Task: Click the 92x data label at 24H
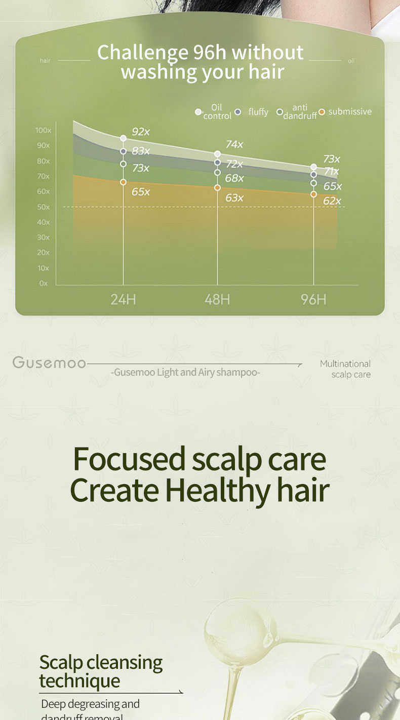141,132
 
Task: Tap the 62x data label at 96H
332,201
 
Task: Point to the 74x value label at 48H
234,145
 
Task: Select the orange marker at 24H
123,182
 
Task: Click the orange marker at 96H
313,194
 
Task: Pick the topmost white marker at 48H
217,154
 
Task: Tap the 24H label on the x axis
123,299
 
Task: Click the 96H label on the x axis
313,299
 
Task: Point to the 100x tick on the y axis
43,131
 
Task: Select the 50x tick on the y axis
43,207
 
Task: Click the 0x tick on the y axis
44,284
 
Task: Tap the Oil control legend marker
198,112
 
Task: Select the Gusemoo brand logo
49,363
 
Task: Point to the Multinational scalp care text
345,369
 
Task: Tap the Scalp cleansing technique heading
101,671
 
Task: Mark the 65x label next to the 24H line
141,192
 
